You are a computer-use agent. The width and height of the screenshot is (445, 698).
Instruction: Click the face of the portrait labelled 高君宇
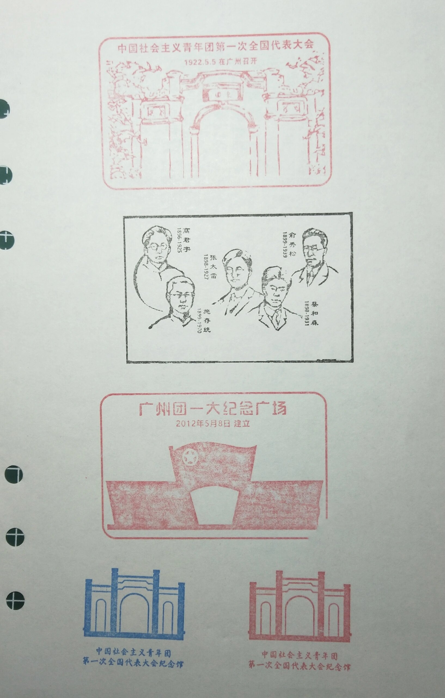(157, 248)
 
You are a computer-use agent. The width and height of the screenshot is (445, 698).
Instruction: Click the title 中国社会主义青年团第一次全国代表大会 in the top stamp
(216, 47)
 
